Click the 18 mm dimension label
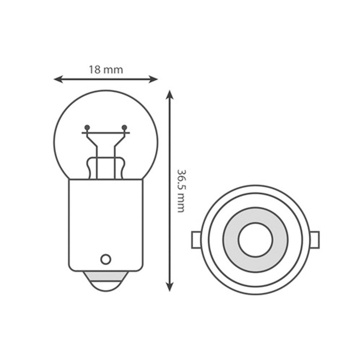(x=106, y=70)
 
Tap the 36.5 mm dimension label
(x=181, y=190)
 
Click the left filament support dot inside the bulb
(x=87, y=127)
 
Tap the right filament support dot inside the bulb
(x=125, y=127)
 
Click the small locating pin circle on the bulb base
(x=105, y=259)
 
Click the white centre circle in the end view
(x=255, y=240)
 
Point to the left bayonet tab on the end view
(x=195, y=240)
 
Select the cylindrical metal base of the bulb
(x=106, y=224)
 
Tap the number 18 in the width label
(x=95, y=70)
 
